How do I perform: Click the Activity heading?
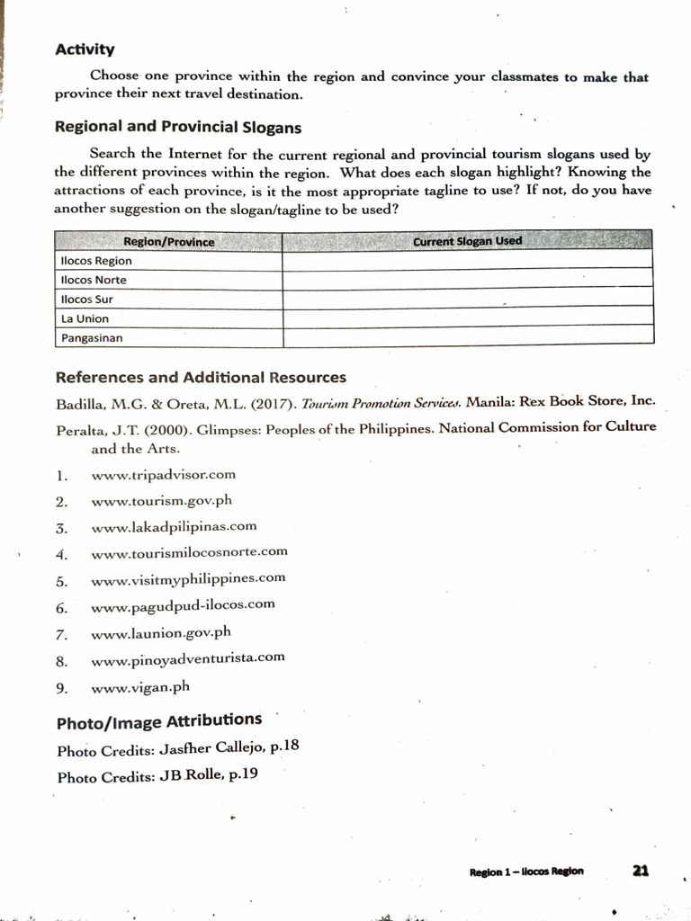click(85, 49)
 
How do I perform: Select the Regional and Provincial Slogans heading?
click(178, 127)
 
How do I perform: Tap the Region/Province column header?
click(168, 241)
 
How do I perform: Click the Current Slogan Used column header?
click(467, 241)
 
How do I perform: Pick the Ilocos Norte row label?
click(94, 280)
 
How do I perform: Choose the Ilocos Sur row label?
click(86, 300)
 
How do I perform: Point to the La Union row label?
click(85, 318)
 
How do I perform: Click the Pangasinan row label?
click(92, 338)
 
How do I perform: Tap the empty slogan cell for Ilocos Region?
click(467, 260)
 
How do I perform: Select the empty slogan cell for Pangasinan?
click(467, 337)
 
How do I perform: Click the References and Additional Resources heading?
click(201, 378)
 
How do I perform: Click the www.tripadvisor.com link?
click(163, 474)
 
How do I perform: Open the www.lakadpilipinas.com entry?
click(174, 526)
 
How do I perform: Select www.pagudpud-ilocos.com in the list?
click(183, 604)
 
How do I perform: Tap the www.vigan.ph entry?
click(140, 687)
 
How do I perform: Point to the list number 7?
click(61, 634)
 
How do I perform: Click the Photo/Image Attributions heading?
click(159, 720)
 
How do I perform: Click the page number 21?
click(641, 870)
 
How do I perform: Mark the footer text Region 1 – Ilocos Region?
click(526, 871)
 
